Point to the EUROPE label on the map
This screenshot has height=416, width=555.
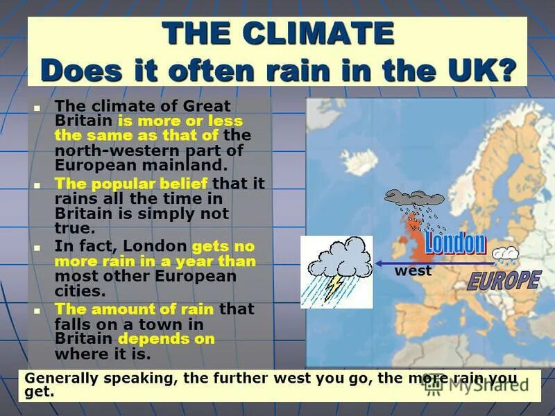[x=504, y=280]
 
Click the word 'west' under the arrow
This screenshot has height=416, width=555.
[x=413, y=272]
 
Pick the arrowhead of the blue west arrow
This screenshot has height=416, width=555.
[x=381, y=263]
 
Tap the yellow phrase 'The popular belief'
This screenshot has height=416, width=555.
[x=131, y=184]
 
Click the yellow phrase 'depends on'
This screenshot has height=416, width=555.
[x=166, y=339]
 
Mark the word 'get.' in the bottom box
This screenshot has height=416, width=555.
[x=39, y=392]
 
